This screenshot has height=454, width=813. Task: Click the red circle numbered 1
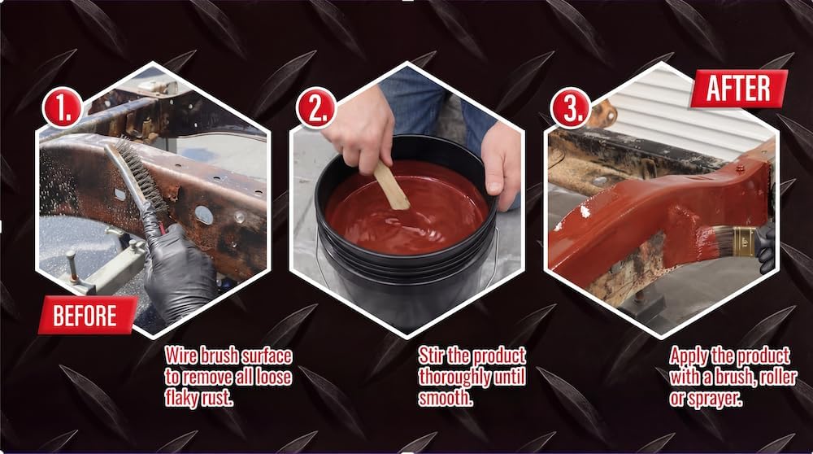(x=63, y=107)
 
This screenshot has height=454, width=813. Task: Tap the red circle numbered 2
(x=316, y=107)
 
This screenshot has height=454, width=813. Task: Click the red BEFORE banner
(x=88, y=315)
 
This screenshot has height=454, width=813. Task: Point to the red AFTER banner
(x=738, y=89)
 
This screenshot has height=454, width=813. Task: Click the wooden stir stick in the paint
(x=392, y=185)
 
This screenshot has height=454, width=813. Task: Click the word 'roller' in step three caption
(x=768, y=377)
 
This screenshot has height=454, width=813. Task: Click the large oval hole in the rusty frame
(x=204, y=215)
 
